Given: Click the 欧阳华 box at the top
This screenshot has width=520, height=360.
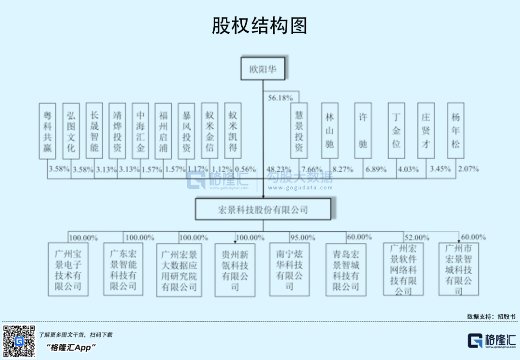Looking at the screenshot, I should click(x=263, y=69).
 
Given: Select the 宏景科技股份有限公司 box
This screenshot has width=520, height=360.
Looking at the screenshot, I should click(x=263, y=210).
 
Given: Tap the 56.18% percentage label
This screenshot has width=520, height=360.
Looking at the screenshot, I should click(x=280, y=98).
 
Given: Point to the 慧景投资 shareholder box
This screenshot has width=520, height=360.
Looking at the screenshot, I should click(x=299, y=131).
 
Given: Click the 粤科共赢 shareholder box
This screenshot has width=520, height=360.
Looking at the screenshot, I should click(x=47, y=131).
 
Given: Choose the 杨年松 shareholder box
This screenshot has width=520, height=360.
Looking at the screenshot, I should click(x=455, y=131).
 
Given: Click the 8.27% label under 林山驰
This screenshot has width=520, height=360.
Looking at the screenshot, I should click(x=342, y=169).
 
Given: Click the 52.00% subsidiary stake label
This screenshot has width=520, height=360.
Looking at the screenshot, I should click(x=416, y=238).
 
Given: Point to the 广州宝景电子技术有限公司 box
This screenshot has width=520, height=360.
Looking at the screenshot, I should click(x=68, y=270).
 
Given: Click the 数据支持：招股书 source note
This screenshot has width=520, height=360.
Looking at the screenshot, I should click(x=491, y=317).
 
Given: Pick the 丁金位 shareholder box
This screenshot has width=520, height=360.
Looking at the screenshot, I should click(x=397, y=131).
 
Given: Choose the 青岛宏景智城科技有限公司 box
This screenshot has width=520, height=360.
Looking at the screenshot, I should click(x=346, y=270).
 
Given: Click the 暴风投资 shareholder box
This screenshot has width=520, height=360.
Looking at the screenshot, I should click(x=186, y=131).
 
